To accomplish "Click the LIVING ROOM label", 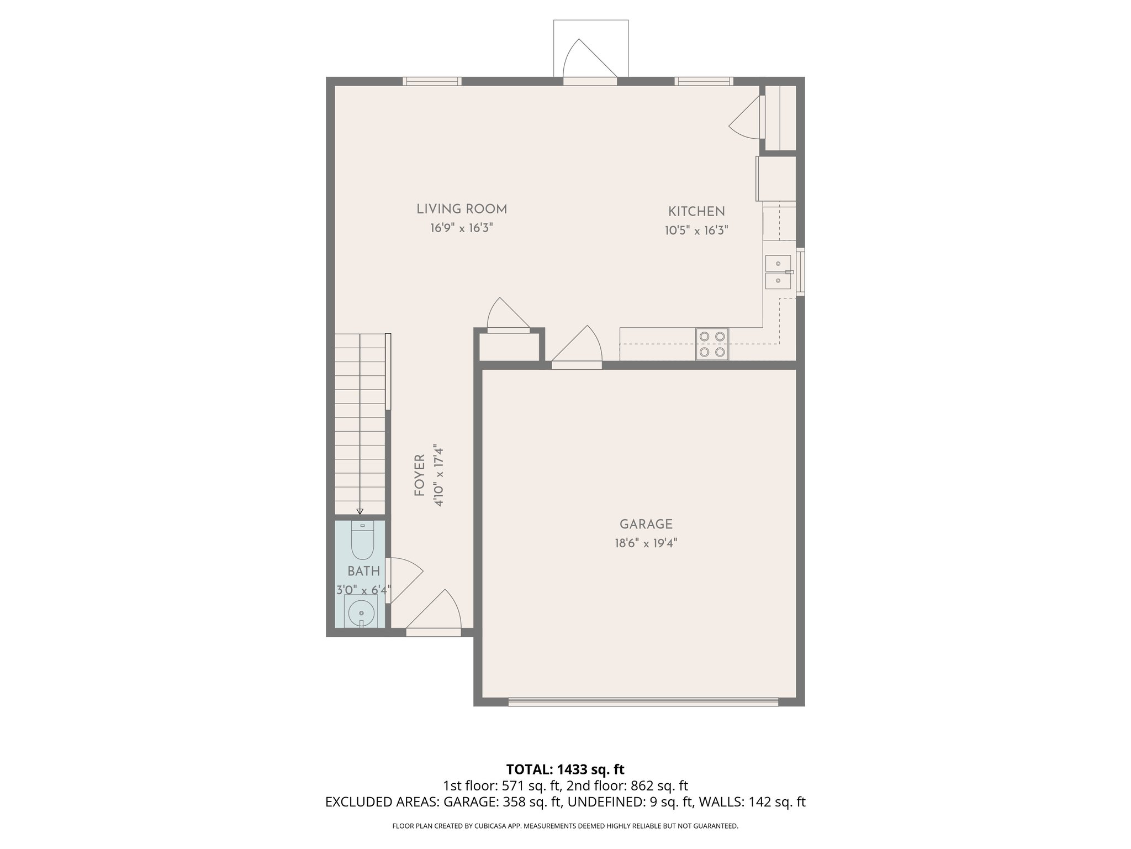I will pos(462,209).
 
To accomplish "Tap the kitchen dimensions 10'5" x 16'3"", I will pos(696,230).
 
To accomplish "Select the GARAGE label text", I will pos(646,524).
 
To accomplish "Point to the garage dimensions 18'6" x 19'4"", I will pos(646,543).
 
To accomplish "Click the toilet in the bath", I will pos(363,540).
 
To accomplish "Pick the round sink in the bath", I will pos(361,612).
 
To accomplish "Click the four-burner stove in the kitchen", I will pos(712,344).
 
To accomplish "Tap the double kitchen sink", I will pos(778,272).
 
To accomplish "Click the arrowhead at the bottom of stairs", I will pos(360,511).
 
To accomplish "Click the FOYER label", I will pos(420,475).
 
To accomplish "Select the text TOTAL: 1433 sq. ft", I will pos(565,769).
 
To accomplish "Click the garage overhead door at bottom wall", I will pos(643,702).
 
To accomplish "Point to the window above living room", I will pos(432,81).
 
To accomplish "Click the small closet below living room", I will pos(509,347).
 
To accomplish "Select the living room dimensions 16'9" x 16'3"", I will pos(462,228).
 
